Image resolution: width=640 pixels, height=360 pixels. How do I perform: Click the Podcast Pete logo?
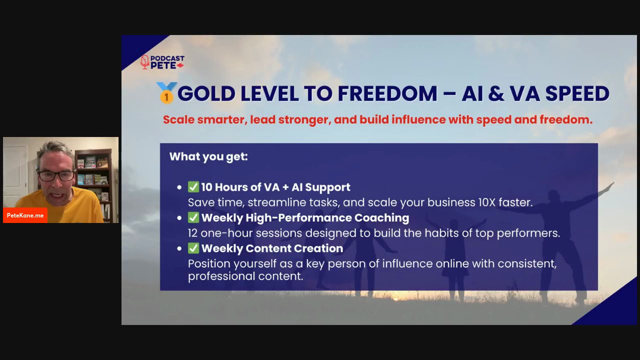point(162,62)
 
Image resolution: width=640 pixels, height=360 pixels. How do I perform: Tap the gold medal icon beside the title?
point(166,92)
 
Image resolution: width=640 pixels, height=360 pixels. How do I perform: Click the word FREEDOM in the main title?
point(387,93)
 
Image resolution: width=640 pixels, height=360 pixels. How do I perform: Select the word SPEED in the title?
point(577,93)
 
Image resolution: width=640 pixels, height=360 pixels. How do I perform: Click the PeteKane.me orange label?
point(25,215)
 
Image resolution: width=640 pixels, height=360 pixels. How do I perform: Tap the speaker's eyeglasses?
point(56,175)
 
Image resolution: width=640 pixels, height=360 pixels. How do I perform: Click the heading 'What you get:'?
point(208,156)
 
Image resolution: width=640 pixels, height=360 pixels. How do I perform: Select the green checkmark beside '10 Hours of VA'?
point(193,187)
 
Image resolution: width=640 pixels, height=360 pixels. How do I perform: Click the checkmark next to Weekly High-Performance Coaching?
point(193,217)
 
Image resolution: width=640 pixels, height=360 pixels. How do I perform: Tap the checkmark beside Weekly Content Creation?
point(193,248)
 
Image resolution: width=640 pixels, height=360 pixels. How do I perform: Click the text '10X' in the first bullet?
point(487,202)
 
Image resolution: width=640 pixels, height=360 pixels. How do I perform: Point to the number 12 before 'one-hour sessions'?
point(192,233)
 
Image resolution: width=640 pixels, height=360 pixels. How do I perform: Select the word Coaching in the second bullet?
point(381,218)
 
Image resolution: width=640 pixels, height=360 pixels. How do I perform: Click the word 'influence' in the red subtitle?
point(418,119)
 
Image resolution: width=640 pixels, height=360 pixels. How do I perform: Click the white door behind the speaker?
point(15,174)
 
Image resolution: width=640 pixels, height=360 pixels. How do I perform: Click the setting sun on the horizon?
point(395,299)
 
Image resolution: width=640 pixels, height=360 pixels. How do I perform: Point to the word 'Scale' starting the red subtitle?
point(179,119)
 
